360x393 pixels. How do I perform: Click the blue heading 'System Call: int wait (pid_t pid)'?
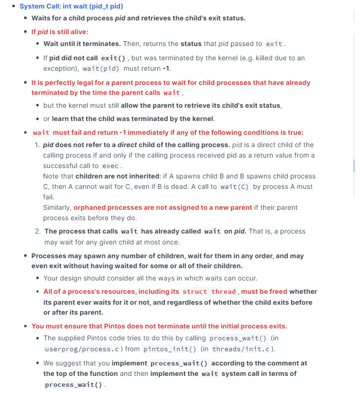pyautogui.click(x=71, y=6)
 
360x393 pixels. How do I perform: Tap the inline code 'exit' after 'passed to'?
pyautogui.click(x=274, y=44)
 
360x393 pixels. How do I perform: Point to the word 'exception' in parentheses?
pyautogui.click(x=59, y=68)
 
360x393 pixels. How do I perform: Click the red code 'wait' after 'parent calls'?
pyautogui.click(x=171, y=93)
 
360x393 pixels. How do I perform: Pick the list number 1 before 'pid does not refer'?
pyautogui.click(x=37, y=145)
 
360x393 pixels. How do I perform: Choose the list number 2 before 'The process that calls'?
pyautogui.click(x=37, y=231)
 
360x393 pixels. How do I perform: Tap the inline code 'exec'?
pyautogui.click(x=111, y=166)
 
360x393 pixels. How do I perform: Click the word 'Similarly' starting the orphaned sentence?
pyautogui.click(x=57, y=207)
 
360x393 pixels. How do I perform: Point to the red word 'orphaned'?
pyautogui.click(x=89, y=207)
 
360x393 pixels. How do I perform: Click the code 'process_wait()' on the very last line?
pyautogui.click(x=74, y=385)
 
